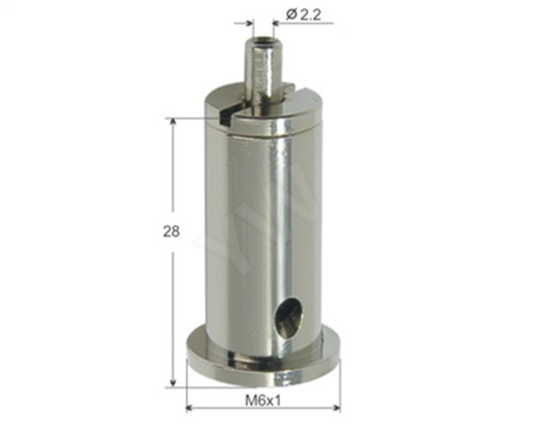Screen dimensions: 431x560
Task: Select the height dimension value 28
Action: click(x=172, y=231)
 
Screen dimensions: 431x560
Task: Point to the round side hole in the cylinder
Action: click(x=289, y=316)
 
